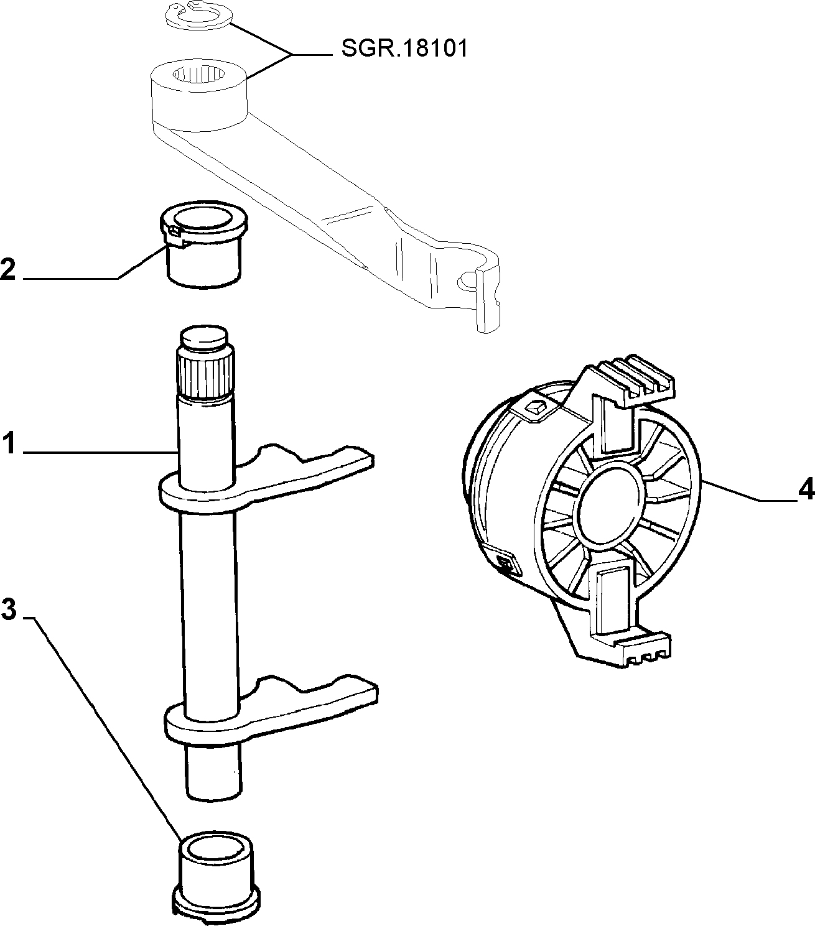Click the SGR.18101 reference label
coord(405,49)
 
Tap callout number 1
coord(9,444)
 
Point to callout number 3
coord(9,609)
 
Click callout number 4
coord(806,489)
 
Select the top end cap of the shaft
coord(205,338)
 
